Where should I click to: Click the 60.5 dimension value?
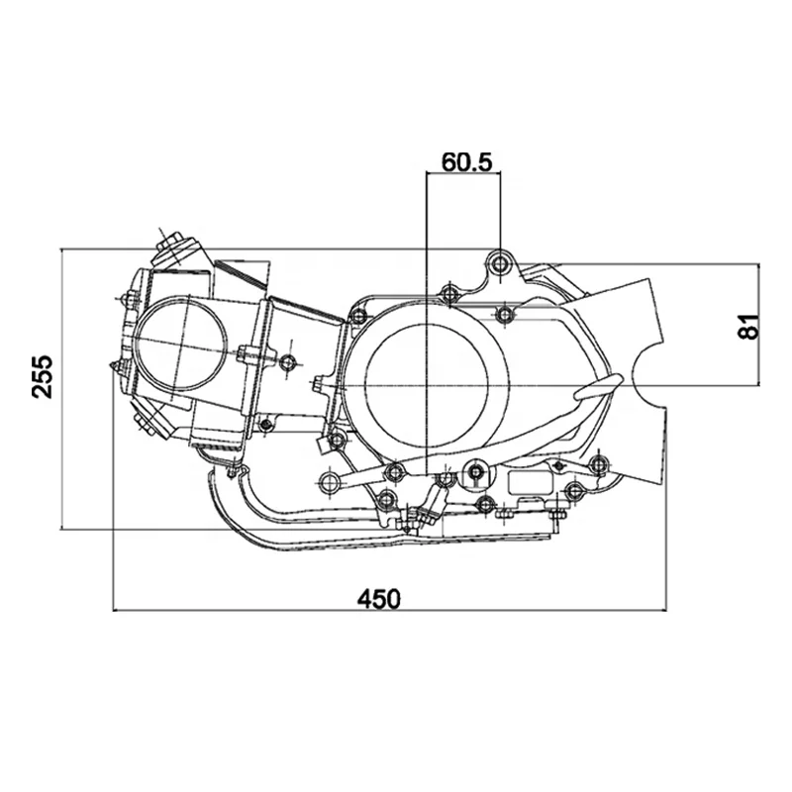(465, 162)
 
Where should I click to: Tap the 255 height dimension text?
(43, 377)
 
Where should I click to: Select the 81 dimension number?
(749, 327)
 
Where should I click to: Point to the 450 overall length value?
(379, 600)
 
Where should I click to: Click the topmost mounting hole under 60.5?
(501, 263)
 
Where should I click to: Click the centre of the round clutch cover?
(427, 385)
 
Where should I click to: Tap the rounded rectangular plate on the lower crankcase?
(531, 482)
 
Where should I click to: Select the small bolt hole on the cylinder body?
(288, 362)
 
